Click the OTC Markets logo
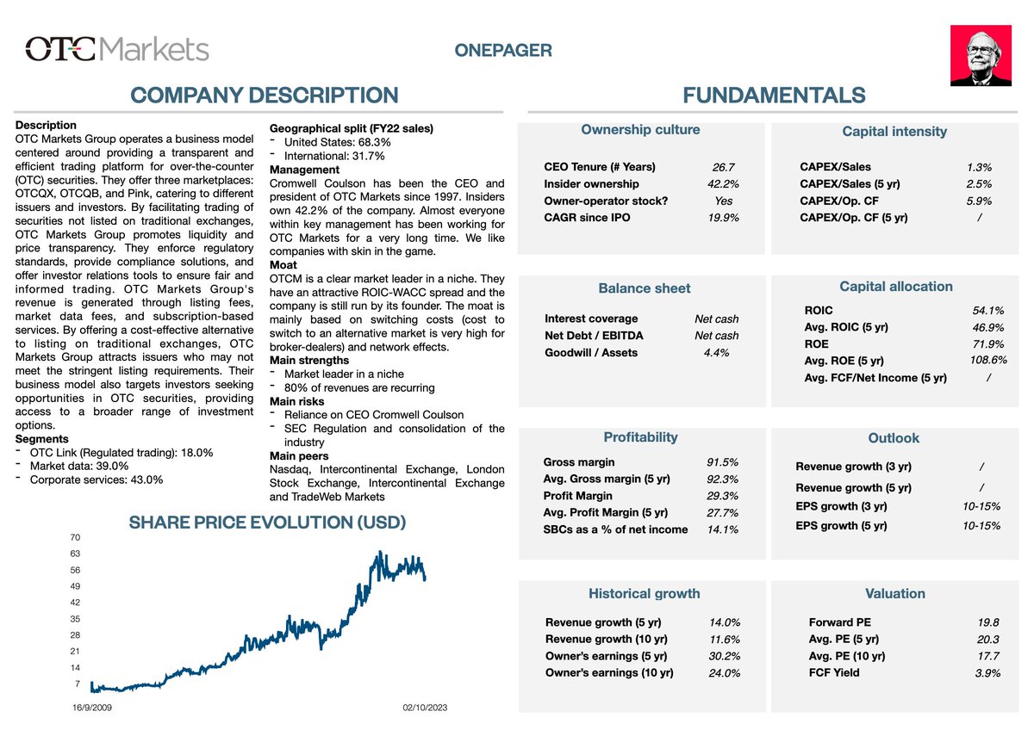[117, 48]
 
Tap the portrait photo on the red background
[980, 55]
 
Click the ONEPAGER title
[503, 51]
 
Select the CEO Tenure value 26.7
[724, 167]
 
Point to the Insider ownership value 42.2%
[723, 183]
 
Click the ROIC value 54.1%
[987, 310]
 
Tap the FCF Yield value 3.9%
[987, 672]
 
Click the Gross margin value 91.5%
[722, 462]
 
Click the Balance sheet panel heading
[644, 288]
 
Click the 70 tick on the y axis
[74, 538]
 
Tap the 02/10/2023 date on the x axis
[425, 707]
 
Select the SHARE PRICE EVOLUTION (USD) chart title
[267, 522]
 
